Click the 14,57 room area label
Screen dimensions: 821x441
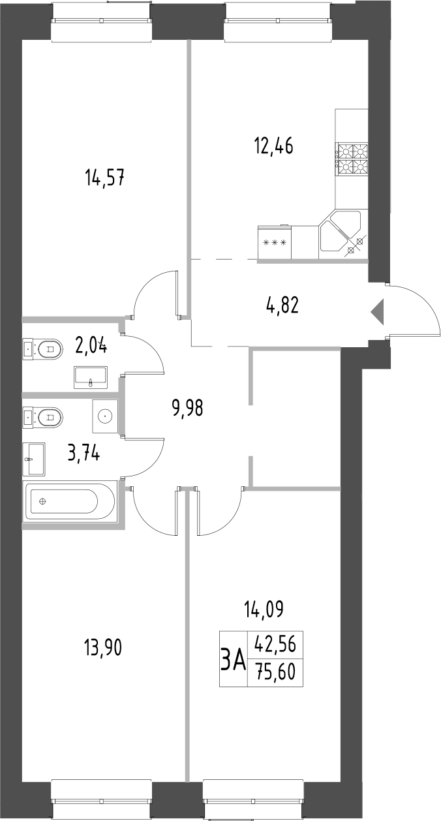104,177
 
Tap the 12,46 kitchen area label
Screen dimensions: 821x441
273,145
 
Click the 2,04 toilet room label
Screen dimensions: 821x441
91,344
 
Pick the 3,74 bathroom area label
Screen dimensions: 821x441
84,453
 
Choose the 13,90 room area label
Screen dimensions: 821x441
103,648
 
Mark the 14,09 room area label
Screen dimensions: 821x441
263,612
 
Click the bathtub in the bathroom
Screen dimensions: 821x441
69,501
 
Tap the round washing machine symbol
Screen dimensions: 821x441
105,416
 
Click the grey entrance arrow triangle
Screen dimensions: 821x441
378,311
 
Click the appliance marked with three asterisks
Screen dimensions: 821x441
275,243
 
